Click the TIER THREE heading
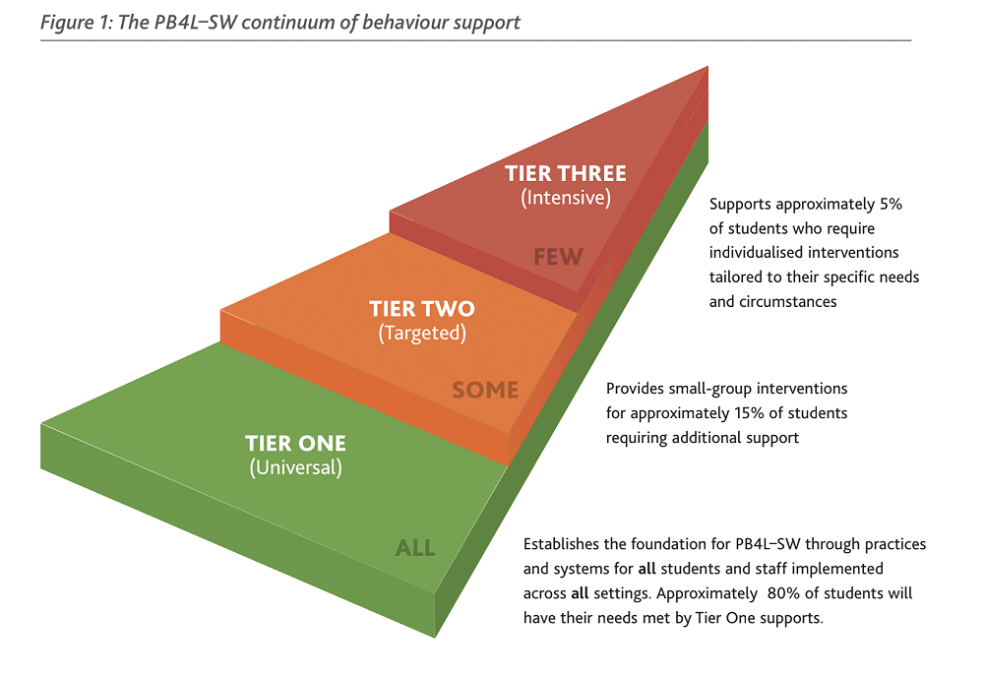coord(565,174)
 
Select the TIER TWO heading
coord(421,309)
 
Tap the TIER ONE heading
coord(295,443)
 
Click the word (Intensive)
coord(566,198)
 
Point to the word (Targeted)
coord(422,333)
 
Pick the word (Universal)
coord(295,467)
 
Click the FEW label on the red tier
coord(558,258)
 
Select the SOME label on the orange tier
coord(485,390)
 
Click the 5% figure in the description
coord(890,205)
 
